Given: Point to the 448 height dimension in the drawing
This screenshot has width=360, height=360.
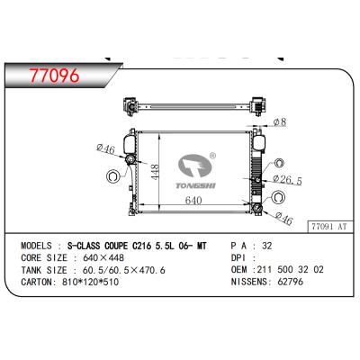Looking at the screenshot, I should pos(155,172).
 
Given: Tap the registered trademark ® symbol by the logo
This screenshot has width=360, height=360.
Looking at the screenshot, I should pos(213,154).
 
